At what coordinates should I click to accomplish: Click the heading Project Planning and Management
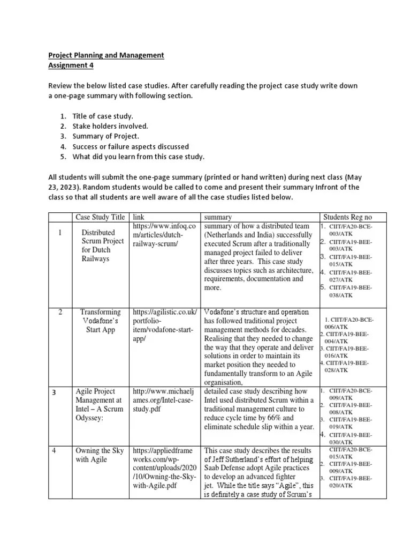(106, 55)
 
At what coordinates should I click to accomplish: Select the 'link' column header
(139, 217)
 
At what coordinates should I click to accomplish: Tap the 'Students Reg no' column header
(347, 217)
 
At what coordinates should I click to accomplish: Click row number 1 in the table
(60, 233)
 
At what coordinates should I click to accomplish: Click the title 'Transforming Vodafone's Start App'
(100, 321)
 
